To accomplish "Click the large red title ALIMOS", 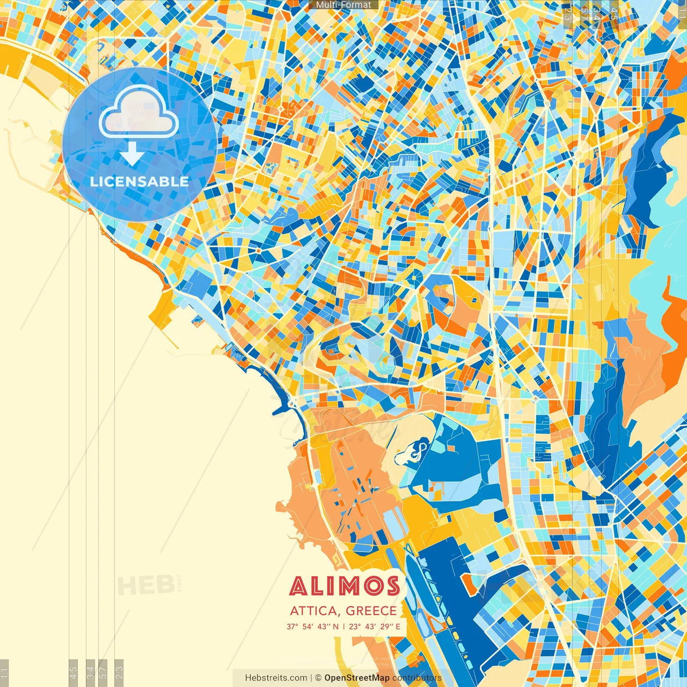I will (x=345, y=586).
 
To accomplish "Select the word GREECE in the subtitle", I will (x=371, y=611).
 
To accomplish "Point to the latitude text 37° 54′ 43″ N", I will (x=312, y=626).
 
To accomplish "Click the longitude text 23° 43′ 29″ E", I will (x=375, y=626).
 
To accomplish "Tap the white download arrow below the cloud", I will (x=132, y=156).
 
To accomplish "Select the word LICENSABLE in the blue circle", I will (x=140, y=181).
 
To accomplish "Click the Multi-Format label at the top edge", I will (x=343, y=5).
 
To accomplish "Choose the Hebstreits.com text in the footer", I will (x=276, y=678).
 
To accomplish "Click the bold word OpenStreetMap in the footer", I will (x=357, y=678).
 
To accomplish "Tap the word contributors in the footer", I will (x=417, y=678).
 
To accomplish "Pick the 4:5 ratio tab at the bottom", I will (x=73, y=672).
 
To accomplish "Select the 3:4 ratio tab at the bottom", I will (x=91, y=672).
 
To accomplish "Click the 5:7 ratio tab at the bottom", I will (x=103, y=672).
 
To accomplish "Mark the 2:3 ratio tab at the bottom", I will (x=119, y=672).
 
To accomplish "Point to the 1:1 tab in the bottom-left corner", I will (x=4, y=672).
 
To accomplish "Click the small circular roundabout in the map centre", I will (x=414, y=277).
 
